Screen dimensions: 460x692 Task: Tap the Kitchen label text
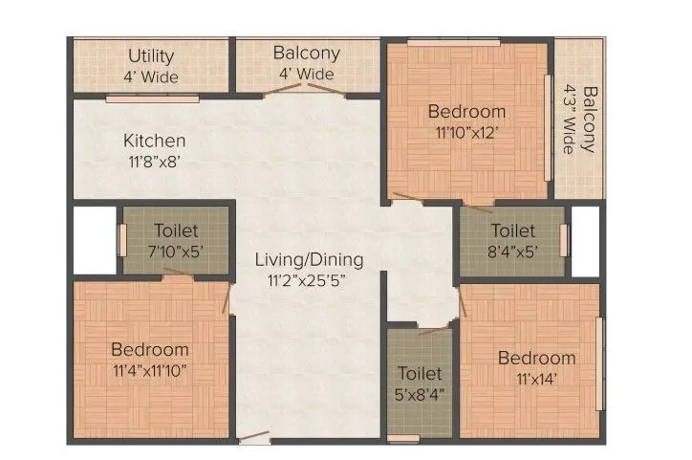pyautogui.click(x=154, y=141)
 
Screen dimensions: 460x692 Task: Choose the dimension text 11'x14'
pyautogui.click(x=536, y=379)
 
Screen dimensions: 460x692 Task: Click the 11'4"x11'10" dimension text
pyautogui.click(x=149, y=370)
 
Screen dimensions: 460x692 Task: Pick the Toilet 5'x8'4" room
pyautogui.click(x=421, y=383)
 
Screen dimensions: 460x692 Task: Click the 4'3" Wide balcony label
pyautogui.click(x=579, y=120)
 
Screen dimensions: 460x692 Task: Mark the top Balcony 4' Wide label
pyautogui.click(x=303, y=63)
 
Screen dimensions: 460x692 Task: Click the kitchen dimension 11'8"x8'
pyautogui.click(x=154, y=162)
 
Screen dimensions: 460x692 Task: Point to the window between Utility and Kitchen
pyautogui.click(x=152, y=98)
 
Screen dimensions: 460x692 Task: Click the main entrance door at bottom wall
pyautogui.click(x=255, y=439)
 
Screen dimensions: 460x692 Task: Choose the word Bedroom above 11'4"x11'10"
pyautogui.click(x=149, y=350)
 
